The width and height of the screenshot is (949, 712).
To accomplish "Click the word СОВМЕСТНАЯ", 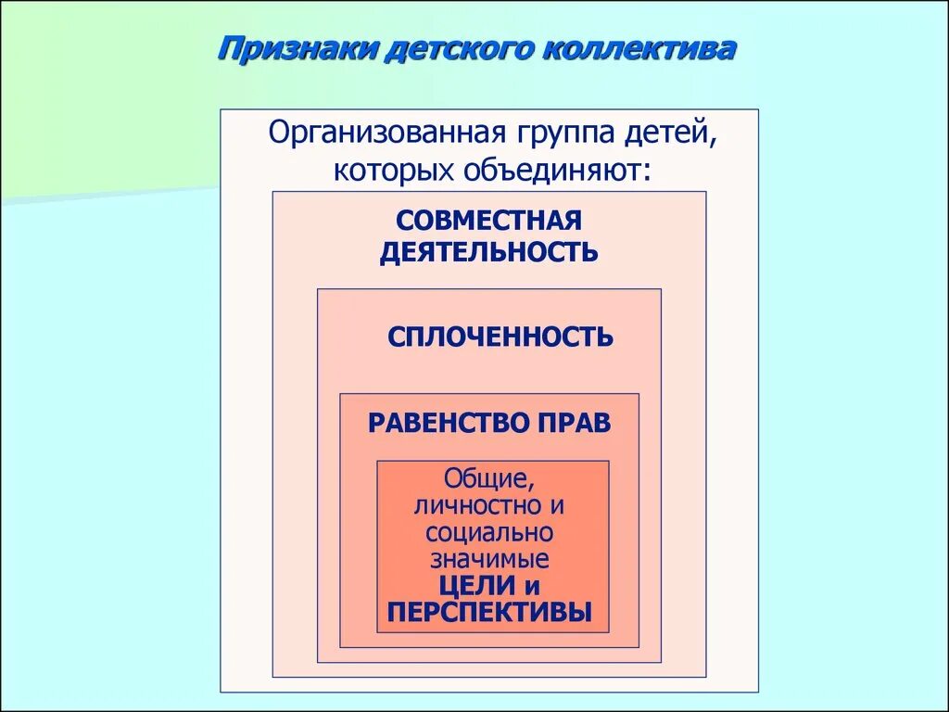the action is (488, 221).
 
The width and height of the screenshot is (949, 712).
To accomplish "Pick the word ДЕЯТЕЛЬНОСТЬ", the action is (488, 252).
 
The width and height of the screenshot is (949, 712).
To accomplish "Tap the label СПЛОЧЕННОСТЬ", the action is (500, 337).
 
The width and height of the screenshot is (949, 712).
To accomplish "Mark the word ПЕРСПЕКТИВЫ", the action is (489, 613).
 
